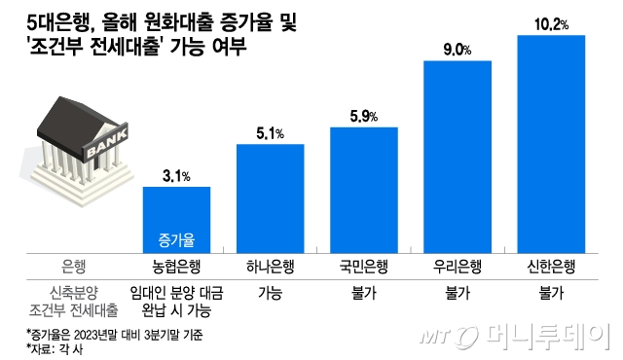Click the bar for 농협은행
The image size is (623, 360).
click(x=176, y=218)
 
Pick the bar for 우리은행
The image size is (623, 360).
click(x=458, y=156)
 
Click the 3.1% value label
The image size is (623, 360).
click(x=176, y=176)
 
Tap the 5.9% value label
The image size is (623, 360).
click(x=364, y=118)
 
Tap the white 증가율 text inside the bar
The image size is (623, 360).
click(x=176, y=238)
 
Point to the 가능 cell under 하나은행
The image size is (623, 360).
click(x=271, y=291)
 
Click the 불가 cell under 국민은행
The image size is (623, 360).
click(x=364, y=291)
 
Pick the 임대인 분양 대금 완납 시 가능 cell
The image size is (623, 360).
click(x=176, y=300)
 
